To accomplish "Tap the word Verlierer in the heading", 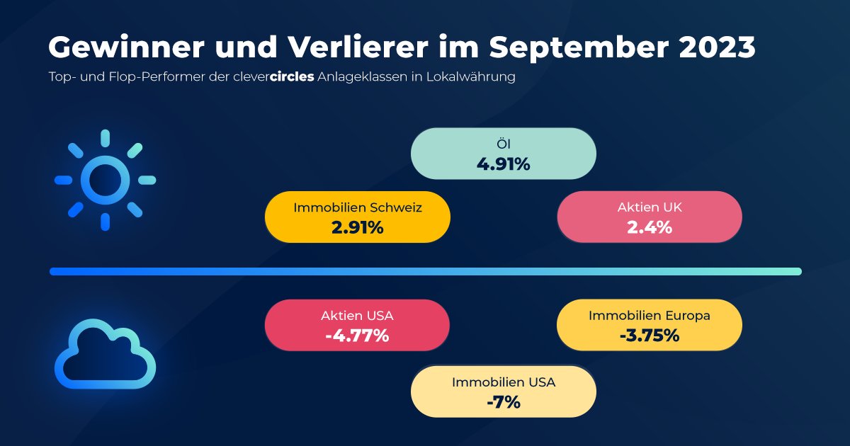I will click(340, 48).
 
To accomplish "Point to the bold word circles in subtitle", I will click(292, 77).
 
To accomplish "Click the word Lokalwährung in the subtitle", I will click(470, 77).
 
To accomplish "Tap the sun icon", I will click(105, 180).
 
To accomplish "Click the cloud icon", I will click(105, 354).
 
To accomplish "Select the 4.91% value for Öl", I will click(503, 164).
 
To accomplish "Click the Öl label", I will click(503, 145).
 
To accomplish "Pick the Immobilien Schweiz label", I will click(358, 208).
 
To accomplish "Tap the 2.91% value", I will click(358, 228).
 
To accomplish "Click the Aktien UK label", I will click(650, 208).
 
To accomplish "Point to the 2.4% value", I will click(650, 228).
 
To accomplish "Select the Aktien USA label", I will click(357, 316).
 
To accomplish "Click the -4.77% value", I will click(357, 336).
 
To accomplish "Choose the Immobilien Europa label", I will click(650, 316).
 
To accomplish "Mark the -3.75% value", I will click(650, 336).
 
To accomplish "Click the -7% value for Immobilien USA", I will click(504, 402).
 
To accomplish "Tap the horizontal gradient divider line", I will click(425, 271).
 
